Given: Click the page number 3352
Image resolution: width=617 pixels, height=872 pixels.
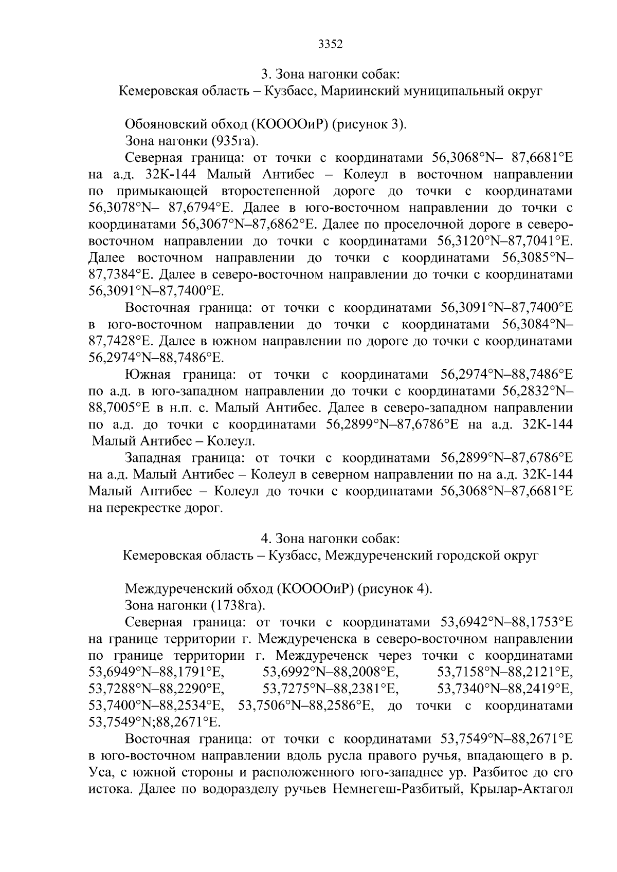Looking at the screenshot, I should click(x=330, y=44).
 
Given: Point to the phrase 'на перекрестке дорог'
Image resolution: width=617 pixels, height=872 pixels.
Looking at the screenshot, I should click(x=156, y=509).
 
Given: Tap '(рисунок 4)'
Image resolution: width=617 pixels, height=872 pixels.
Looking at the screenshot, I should click(x=396, y=588).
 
